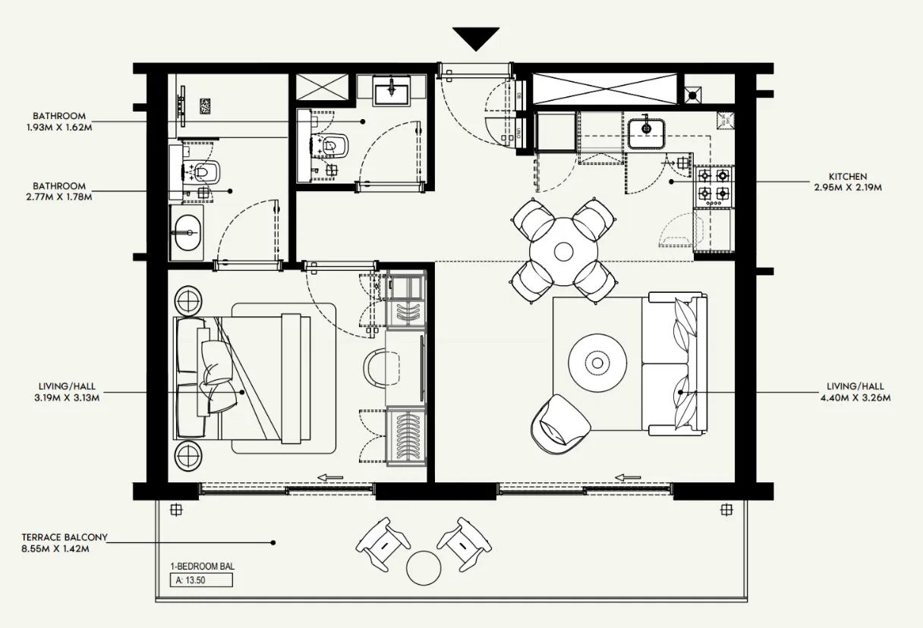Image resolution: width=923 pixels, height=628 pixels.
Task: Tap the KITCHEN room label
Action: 848,176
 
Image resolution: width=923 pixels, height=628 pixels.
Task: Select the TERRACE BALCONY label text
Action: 65,538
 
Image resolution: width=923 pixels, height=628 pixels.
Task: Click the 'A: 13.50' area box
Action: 201,579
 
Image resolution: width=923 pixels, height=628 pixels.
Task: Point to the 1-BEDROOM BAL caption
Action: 203,567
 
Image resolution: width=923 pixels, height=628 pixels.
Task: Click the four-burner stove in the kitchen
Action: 714,186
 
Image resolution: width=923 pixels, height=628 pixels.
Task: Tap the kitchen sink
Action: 647,133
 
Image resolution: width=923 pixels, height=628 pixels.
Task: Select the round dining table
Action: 563,252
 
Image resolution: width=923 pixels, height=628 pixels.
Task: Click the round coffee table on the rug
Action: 597,363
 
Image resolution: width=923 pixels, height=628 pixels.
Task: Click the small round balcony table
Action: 424,568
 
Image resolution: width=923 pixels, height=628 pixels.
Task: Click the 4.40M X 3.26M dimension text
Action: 855,397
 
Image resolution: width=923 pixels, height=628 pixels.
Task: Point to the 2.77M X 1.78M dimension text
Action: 59,197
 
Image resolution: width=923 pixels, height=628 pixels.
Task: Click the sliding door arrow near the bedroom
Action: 330,477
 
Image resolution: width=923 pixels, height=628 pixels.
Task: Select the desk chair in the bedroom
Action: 381,368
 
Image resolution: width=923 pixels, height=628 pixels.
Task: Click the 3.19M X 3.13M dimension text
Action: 67,397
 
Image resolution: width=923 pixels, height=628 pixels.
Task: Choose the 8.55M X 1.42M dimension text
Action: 55,549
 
